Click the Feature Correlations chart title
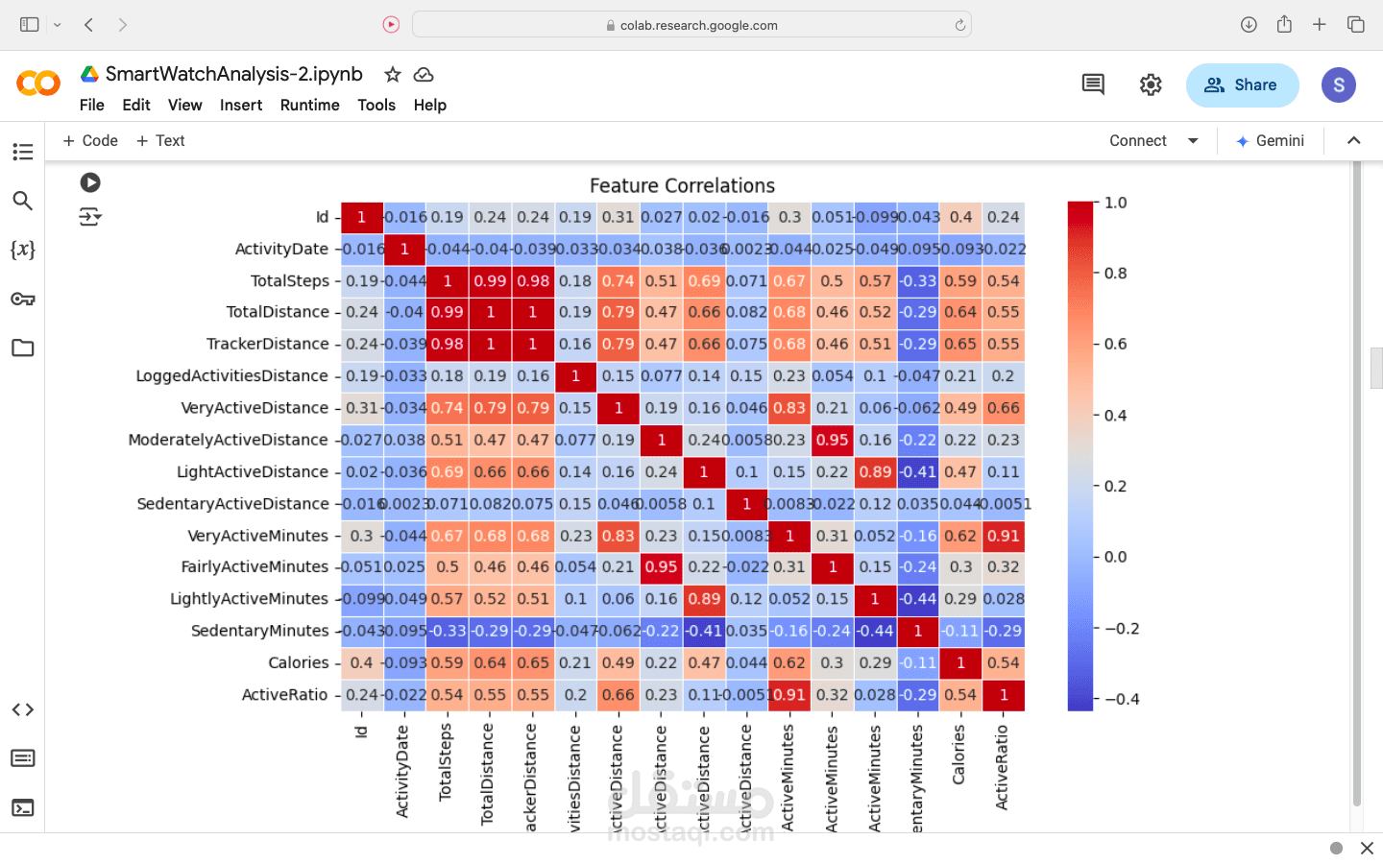pos(682,185)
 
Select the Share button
pos(1242,85)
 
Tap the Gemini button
pos(1270,141)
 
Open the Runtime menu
pos(309,105)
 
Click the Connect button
pos(1138,141)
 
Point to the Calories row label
pos(298,662)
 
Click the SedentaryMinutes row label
pos(259,631)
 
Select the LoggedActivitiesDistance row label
pos(231,375)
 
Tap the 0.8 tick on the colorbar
pos(1115,273)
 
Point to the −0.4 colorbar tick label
pos(1122,699)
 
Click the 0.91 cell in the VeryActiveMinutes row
pos(1004,536)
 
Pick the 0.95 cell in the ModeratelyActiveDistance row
pos(832,440)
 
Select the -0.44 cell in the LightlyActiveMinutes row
pos(918,599)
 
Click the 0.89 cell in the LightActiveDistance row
pos(875,471)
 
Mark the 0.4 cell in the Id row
pos(960,217)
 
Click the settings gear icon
pos(1151,85)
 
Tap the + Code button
pos(90,141)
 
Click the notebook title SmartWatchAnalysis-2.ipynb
pos(233,74)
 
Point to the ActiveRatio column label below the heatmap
pos(1002,767)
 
